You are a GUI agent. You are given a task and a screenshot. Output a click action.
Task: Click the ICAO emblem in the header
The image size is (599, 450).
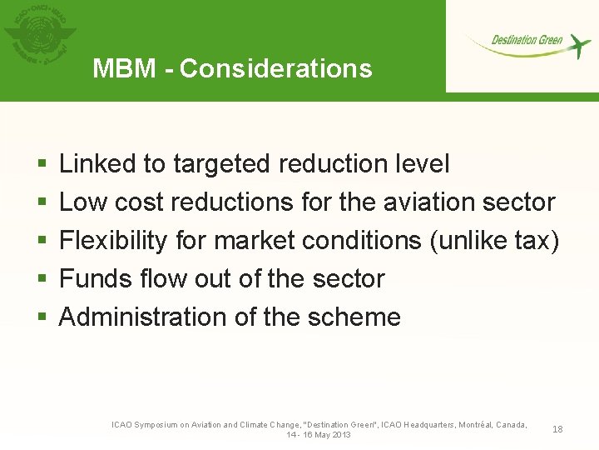coord(40,37)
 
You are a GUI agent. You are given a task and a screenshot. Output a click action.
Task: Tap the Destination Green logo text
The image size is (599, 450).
coord(527,40)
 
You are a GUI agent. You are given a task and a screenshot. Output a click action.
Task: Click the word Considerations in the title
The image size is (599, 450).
coord(275,68)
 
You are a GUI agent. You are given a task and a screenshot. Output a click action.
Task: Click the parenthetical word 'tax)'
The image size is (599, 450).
coord(537,241)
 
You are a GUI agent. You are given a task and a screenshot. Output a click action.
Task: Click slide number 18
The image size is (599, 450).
coord(557,429)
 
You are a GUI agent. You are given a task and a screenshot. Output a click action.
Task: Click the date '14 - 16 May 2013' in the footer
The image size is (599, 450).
coord(319,435)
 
